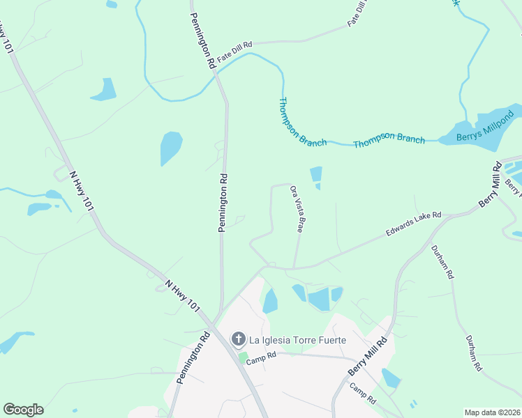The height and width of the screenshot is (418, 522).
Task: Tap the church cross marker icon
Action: (238, 340)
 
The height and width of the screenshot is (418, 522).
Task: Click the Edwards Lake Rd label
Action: (414, 225)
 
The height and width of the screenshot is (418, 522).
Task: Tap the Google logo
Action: (23, 410)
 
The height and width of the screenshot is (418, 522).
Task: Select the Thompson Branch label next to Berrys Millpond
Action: (389, 140)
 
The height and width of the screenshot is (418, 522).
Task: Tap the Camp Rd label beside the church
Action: (265, 355)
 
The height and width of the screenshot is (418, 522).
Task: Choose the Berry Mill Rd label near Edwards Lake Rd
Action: (491, 185)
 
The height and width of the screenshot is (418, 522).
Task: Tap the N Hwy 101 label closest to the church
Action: (184, 296)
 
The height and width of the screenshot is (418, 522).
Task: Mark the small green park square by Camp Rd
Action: (243, 358)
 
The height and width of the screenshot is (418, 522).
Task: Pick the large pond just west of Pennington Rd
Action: (170, 147)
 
